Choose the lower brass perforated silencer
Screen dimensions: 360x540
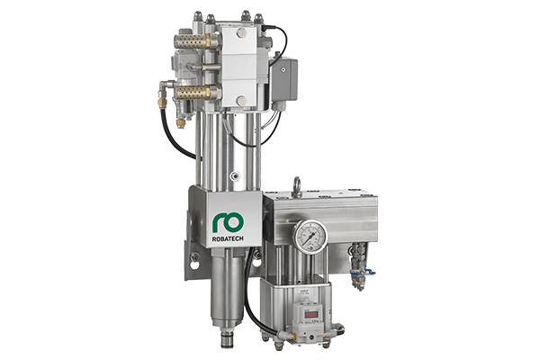click(193, 93)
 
